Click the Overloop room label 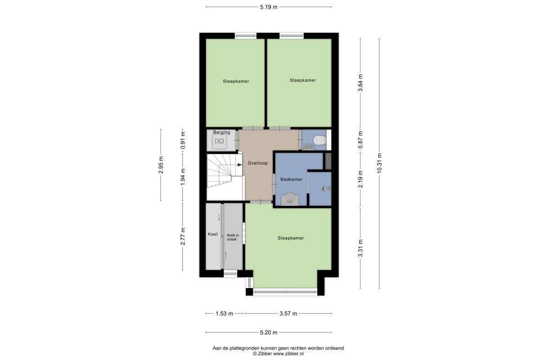[x=258, y=163]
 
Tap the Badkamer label [x=292, y=180]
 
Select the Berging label [x=221, y=132]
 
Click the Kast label [x=213, y=234]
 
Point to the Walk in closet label [x=233, y=237]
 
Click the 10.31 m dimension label [x=379, y=163]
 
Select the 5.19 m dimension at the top [x=269, y=7]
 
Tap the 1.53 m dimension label [x=224, y=314]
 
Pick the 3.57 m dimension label [x=288, y=314]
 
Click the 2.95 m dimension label [x=161, y=165]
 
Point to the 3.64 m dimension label [x=360, y=83]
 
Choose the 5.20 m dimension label [x=269, y=333]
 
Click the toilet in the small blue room [x=320, y=140]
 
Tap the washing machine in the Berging [x=220, y=141]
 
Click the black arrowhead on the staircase [x=239, y=165]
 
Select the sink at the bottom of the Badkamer [x=290, y=199]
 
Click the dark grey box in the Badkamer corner [x=328, y=161]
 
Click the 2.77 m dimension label [x=183, y=236]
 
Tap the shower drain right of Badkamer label [x=324, y=189]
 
